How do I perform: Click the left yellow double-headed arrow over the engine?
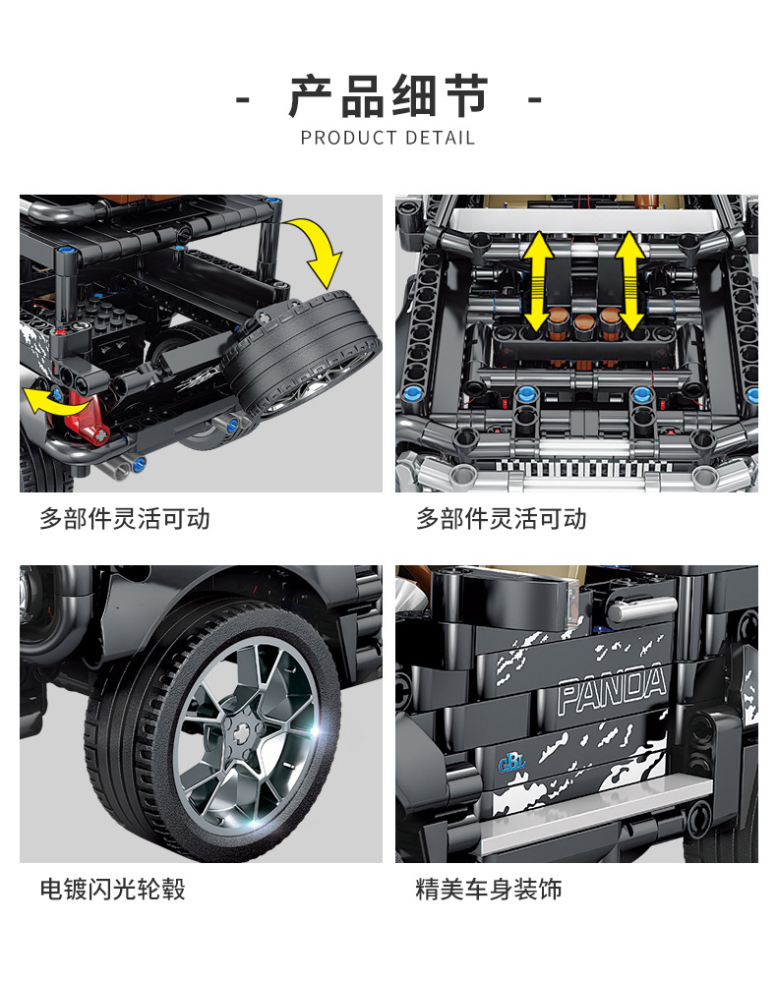click(x=538, y=281)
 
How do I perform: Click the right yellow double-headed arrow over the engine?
click(x=629, y=281)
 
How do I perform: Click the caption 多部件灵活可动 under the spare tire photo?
click(x=125, y=519)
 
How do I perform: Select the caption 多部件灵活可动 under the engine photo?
click(x=502, y=519)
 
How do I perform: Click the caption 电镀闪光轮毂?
click(x=113, y=889)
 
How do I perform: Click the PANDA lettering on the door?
click(x=611, y=689)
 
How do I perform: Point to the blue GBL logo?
click(x=511, y=763)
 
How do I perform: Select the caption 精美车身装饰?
click(x=489, y=889)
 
